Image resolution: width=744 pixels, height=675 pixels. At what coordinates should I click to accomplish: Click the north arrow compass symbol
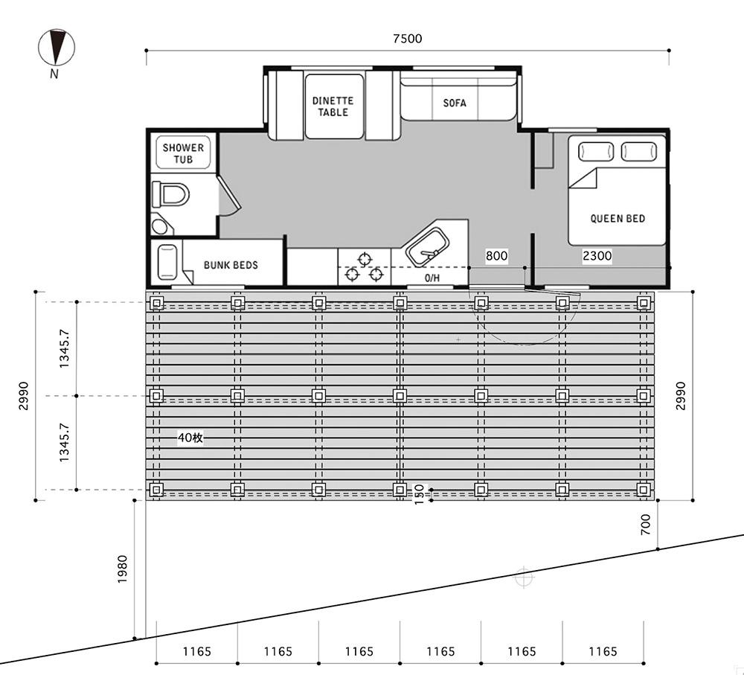pos(56,48)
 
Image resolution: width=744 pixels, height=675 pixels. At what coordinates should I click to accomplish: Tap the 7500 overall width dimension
pos(408,39)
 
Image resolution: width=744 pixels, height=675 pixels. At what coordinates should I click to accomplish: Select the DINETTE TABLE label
pos(333,106)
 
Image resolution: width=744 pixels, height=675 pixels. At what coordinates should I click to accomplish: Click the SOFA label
pos(455,103)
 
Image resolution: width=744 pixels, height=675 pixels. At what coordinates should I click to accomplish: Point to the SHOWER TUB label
pos(183,153)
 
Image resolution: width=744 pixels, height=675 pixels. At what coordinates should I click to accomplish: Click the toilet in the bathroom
pos(170,194)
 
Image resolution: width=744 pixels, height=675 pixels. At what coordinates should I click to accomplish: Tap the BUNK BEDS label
pos(231,265)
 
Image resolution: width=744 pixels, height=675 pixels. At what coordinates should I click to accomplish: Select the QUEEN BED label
pos(618,218)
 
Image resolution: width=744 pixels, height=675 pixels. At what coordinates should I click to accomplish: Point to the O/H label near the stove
pos(432,278)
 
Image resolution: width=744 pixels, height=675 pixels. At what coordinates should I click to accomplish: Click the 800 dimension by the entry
pos(496,256)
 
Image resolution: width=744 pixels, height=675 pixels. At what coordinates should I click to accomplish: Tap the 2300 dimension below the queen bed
pos(597,256)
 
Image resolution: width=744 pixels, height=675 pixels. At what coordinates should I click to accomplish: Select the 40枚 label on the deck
pos(190,437)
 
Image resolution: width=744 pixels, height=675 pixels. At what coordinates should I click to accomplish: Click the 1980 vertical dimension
pos(123,569)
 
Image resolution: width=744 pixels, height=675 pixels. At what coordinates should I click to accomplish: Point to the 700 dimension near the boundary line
pos(646,524)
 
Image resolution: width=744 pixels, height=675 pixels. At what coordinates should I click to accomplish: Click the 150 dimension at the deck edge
pos(419,494)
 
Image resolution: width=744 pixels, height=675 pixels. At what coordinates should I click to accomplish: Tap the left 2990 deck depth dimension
pos(24,396)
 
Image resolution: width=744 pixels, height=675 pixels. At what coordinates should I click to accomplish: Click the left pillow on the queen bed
pos(595,152)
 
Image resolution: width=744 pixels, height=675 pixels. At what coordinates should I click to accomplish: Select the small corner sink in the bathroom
pos(161,225)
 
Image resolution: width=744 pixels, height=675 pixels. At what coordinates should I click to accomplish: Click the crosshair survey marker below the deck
pos(523,578)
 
